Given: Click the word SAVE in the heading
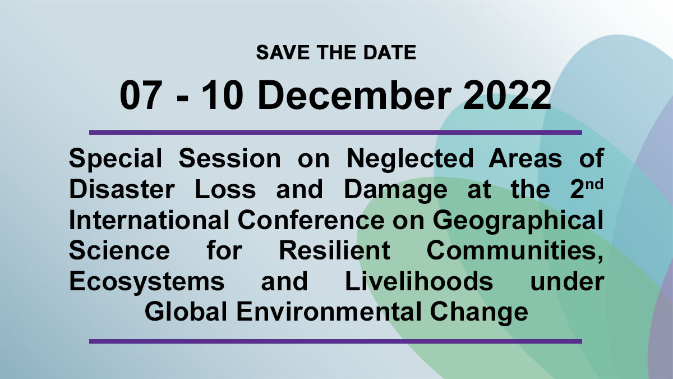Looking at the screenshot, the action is tap(283, 52).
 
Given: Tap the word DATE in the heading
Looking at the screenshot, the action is tap(390, 52).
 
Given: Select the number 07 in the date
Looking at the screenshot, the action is tap(139, 95).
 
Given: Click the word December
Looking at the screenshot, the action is tap(354, 95).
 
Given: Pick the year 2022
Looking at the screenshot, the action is tap(507, 95).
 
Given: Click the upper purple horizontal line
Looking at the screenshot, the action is tap(335, 133).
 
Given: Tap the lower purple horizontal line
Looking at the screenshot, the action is tap(335, 341).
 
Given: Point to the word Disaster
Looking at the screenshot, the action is tap(122, 190).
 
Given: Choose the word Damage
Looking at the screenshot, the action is tap(396, 191).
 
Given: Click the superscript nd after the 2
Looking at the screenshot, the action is tap(594, 184).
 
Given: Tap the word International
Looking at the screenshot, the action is tap(149, 220).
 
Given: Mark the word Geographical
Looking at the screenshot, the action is tap(518, 222).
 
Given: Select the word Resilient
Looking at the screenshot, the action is tap(335, 250).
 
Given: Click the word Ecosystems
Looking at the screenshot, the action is tap(146, 282).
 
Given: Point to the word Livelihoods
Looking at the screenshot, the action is tap(419, 281).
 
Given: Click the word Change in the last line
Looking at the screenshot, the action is tap(479, 313).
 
